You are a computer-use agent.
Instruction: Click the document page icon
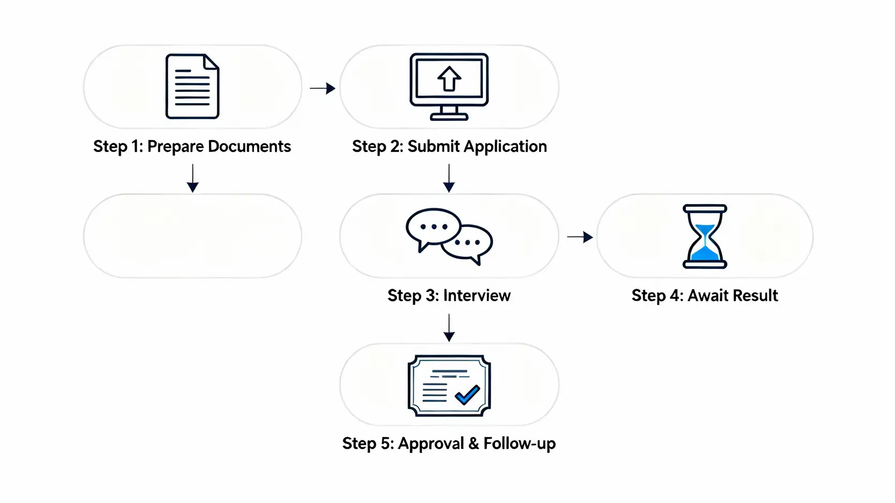tap(192, 86)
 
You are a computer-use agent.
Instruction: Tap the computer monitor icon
tap(449, 86)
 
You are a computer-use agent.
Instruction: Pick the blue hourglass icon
tap(705, 236)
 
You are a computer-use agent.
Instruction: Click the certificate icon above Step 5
tap(449, 385)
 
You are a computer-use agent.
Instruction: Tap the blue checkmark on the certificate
tap(467, 395)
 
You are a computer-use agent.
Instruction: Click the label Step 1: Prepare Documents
tap(192, 147)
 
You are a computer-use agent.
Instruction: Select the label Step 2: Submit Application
tap(449, 147)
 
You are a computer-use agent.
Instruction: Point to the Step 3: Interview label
tap(449, 296)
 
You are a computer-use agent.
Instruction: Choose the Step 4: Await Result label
tap(705, 296)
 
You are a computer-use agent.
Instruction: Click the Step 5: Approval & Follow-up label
tap(449, 444)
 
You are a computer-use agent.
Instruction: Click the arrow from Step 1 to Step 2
tap(322, 88)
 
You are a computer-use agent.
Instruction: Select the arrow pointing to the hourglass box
tap(580, 237)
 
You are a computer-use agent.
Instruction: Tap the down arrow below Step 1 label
tap(193, 179)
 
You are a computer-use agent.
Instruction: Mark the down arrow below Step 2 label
tap(449, 179)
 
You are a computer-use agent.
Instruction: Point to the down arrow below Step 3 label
tap(449, 328)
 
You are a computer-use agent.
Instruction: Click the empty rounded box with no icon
tap(192, 236)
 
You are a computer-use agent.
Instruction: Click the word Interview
tap(477, 296)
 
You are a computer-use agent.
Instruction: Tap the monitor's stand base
tap(449, 117)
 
